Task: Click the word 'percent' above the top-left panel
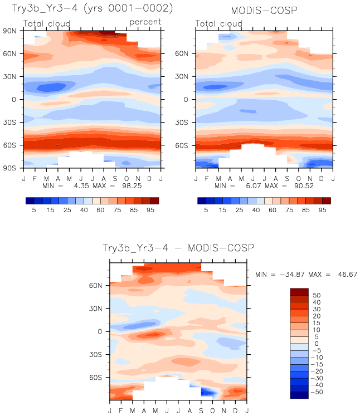pyautogui.click(x=145, y=22)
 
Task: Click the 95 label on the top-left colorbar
pyautogui.click(x=150, y=211)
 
